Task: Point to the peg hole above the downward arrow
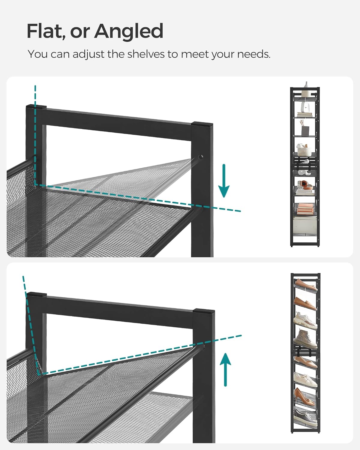(200, 157)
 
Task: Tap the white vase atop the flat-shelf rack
(306, 85)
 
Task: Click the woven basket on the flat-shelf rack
(304, 149)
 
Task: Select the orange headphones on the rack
(304, 184)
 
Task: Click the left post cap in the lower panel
(37, 295)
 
